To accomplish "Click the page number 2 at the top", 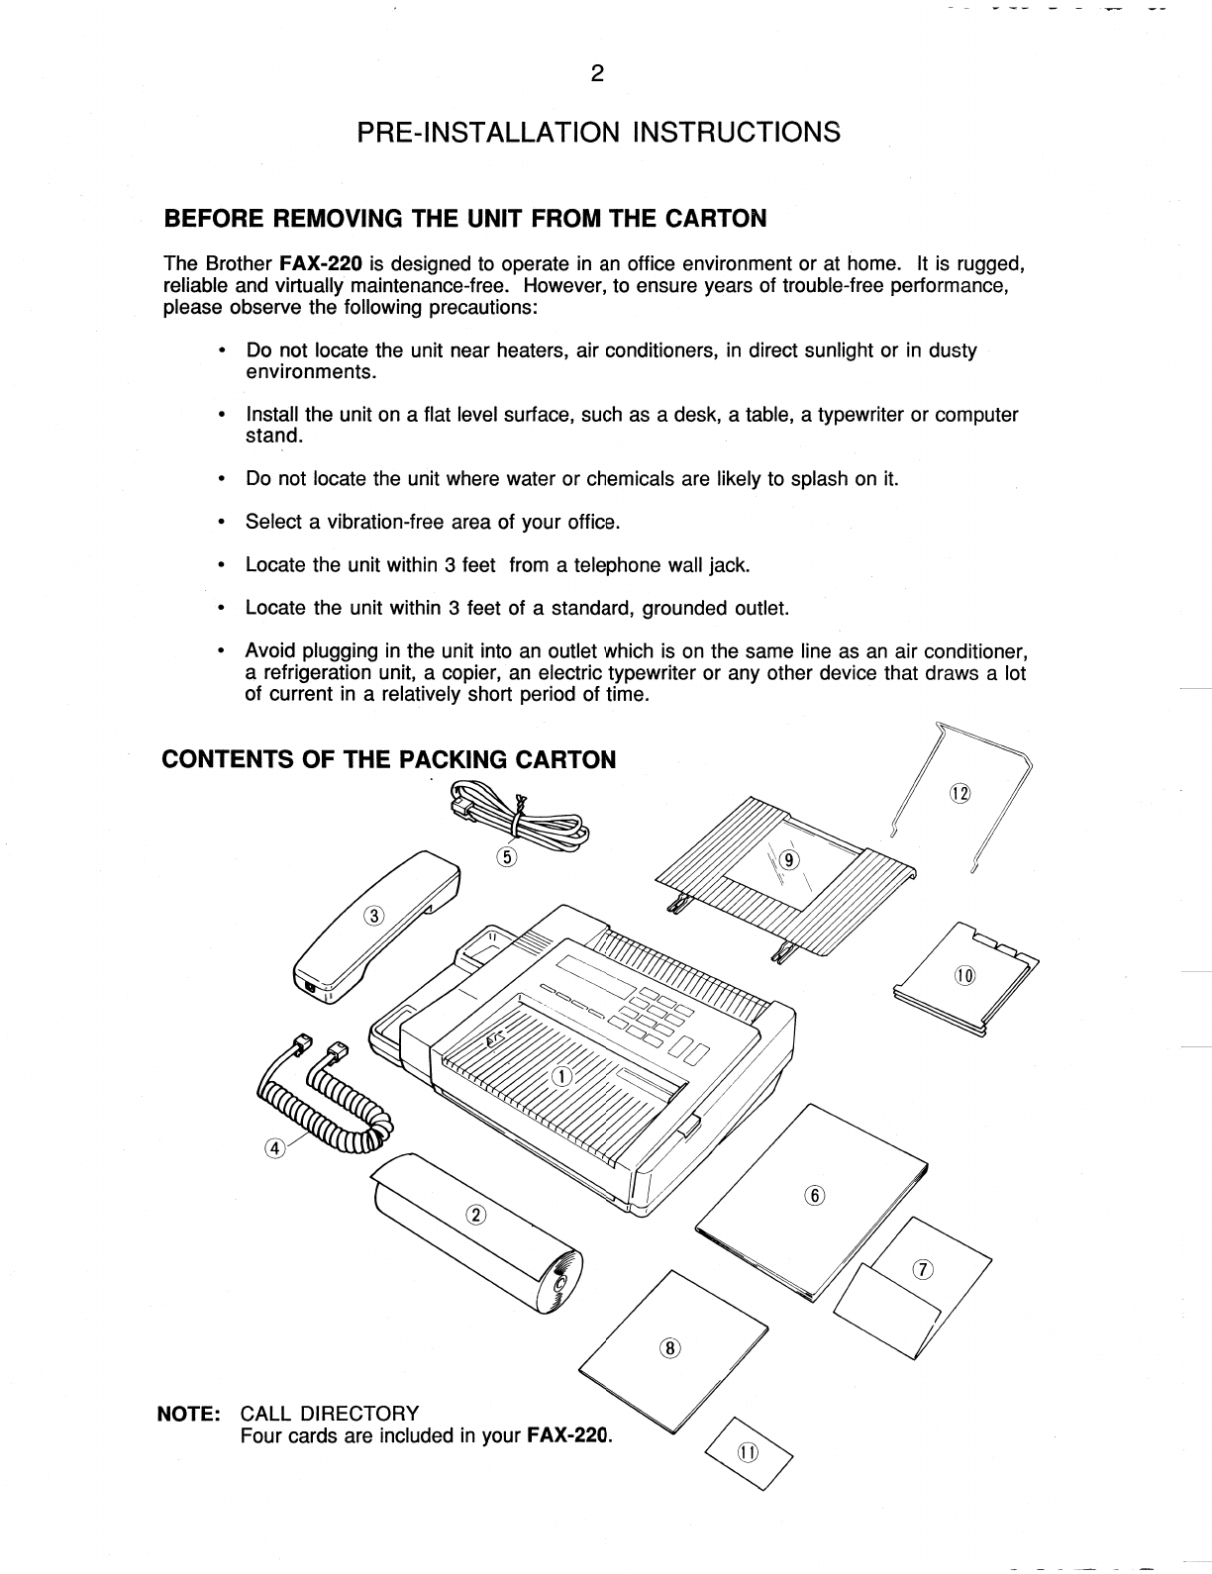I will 596,74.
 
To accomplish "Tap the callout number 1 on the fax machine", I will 558,1076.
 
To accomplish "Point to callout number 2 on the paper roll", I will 474,1216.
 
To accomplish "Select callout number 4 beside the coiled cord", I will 274,1147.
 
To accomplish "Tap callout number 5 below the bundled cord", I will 506,857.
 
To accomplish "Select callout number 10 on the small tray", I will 964,976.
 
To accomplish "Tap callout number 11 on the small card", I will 747,1452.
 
